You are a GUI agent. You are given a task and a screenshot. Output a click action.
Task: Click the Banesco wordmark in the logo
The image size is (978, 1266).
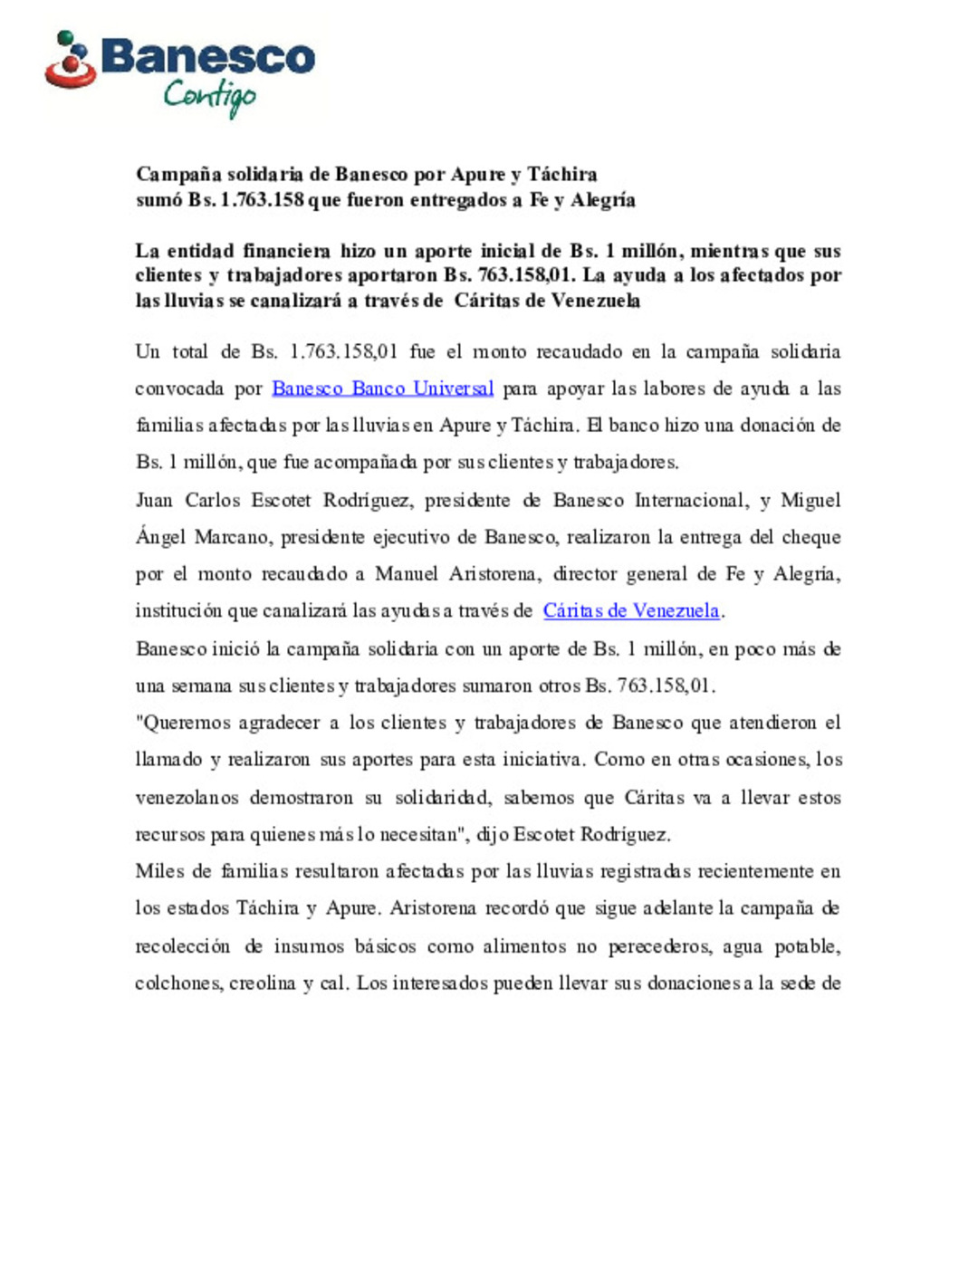pos(208,57)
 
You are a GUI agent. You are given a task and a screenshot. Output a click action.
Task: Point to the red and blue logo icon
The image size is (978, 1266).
pos(71,62)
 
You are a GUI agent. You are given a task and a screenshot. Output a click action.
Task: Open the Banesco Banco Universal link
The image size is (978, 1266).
pos(382,388)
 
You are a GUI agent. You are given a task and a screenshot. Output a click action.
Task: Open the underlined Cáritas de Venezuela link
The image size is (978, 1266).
pos(631,611)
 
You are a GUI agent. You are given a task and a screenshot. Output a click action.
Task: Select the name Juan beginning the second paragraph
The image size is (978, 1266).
pos(154,500)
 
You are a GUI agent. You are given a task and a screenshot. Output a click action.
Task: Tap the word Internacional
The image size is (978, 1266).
pos(692,500)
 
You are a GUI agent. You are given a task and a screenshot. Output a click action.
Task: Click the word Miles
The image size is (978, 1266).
pos(159,871)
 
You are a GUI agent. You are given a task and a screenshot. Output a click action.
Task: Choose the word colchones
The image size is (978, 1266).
pos(177,983)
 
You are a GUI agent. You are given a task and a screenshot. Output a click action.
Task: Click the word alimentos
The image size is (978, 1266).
pos(524,946)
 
